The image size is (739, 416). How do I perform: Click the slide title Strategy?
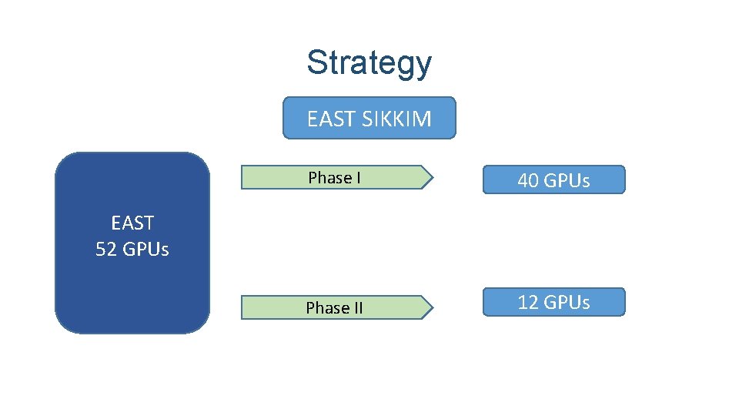[x=369, y=63]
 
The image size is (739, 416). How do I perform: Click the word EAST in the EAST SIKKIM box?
[x=331, y=119]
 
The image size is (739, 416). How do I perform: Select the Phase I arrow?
[x=336, y=177]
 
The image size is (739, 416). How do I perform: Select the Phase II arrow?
[x=336, y=307]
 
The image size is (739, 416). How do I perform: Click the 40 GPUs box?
[x=553, y=180]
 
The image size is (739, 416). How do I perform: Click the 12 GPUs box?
[x=553, y=302]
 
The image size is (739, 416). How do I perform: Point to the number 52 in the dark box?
[x=106, y=249]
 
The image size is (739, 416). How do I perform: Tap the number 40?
[x=528, y=181]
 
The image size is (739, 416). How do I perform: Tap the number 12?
[x=528, y=302]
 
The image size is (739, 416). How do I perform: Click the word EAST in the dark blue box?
[x=132, y=223]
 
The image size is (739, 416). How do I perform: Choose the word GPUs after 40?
[x=566, y=181]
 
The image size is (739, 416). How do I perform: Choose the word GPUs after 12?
[x=566, y=302]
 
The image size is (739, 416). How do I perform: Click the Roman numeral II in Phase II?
[x=357, y=307]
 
